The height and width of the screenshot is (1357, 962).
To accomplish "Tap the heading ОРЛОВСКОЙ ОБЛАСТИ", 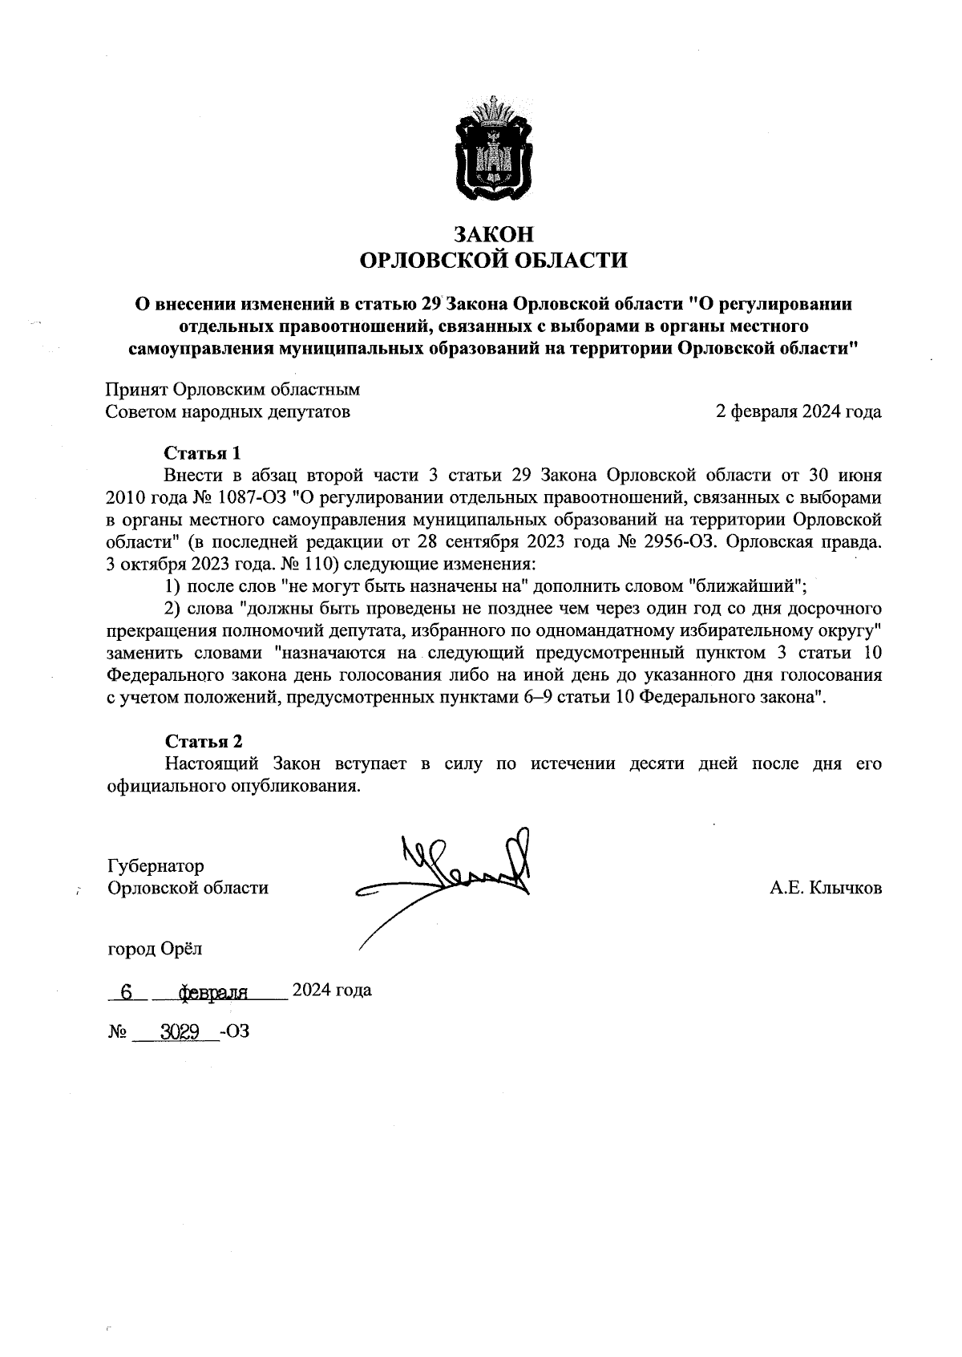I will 493,260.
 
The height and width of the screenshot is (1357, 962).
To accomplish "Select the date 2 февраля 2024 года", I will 798,412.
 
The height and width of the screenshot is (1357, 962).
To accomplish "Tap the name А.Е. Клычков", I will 826,888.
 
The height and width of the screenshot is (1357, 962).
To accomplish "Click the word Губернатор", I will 156,866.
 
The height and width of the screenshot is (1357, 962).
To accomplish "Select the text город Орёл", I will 156,949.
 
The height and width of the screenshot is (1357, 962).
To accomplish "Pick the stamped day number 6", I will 126,992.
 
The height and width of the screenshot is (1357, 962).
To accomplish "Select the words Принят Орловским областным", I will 233,390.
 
